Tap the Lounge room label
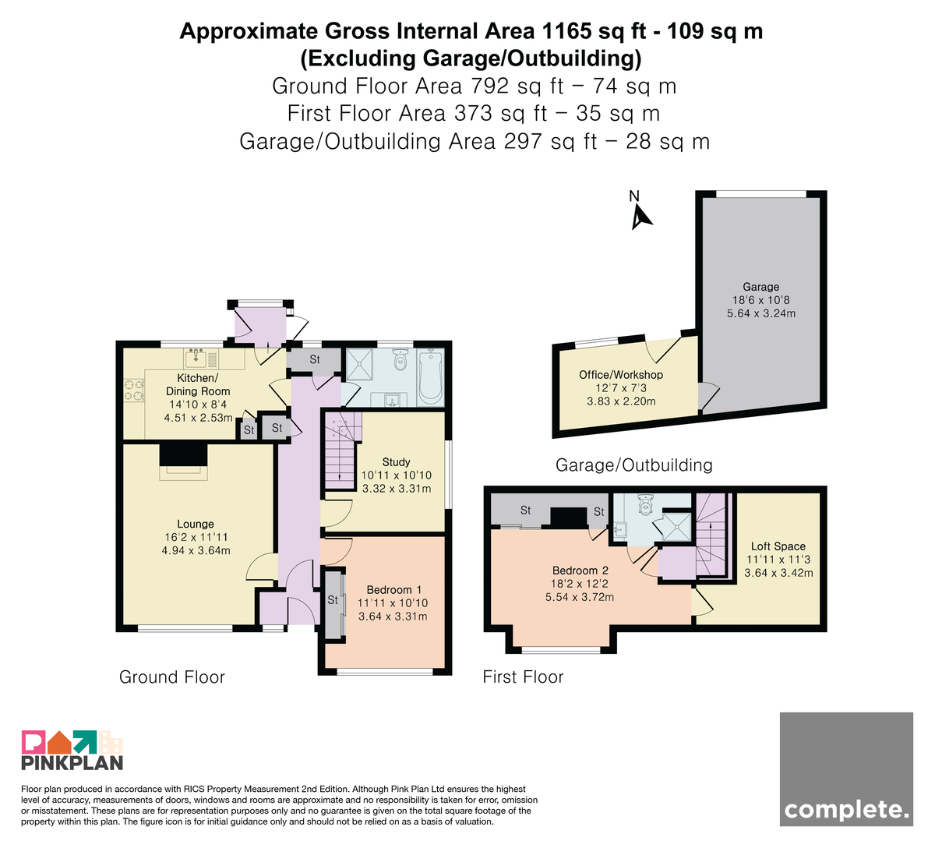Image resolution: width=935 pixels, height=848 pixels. [x=196, y=524]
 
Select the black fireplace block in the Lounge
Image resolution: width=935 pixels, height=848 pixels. [x=183, y=454]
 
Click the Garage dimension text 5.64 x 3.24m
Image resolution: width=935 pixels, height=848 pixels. [x=761, y=313]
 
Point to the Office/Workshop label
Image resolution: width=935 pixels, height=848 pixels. [x=621, y=375]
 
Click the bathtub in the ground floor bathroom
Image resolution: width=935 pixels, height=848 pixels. [x=431, y=376]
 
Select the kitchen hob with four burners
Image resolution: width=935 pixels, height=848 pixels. [x=134, y=390]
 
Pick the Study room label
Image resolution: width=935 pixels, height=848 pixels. [x=396, y=461]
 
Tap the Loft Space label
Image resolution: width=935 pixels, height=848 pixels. [x=778, y=546]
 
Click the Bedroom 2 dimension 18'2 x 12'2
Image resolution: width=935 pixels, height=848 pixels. [x=580, y=584]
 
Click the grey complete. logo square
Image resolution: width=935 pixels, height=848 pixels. [x=846, y=769]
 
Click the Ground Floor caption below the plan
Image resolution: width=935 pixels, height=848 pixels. [x=172, y=677]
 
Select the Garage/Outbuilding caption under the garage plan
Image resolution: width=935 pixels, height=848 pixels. [x=634, y=465]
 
